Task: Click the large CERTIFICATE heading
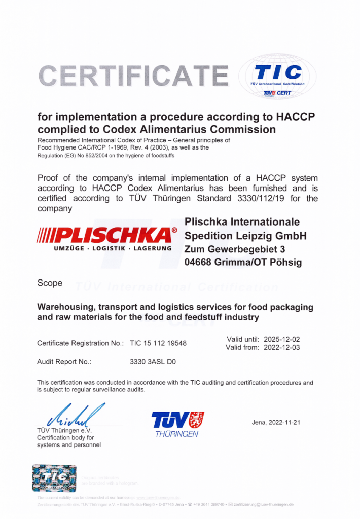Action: point(133,77)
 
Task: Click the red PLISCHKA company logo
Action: point(107,235)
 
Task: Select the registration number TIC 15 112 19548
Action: point(158,343)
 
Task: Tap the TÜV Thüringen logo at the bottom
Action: point(177,423)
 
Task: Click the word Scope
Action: point(50,283)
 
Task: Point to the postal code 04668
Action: point(200,262)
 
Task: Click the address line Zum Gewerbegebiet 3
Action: point(235,249)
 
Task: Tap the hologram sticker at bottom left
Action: point(54,479)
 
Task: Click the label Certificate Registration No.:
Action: point(80,343)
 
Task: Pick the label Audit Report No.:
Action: point(64,362)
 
